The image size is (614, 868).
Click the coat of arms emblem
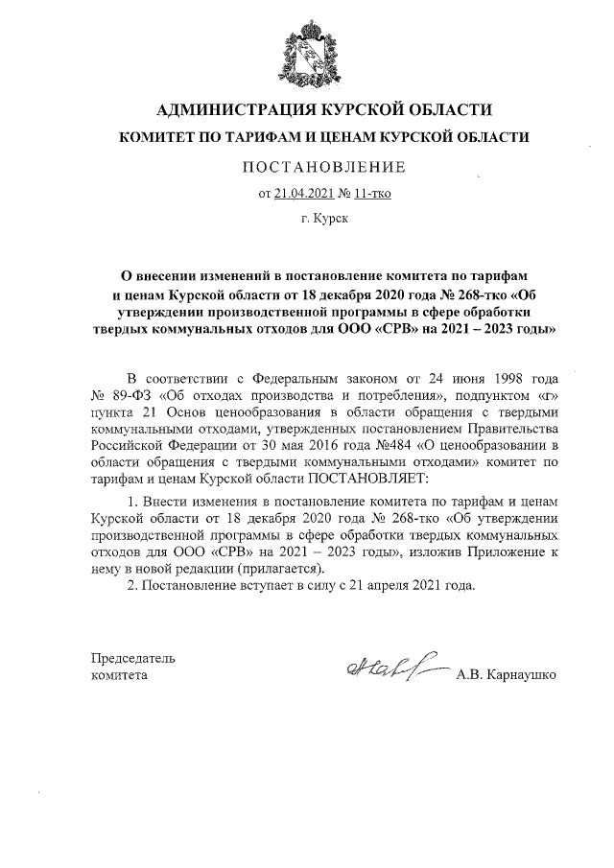pyautogui.click(x=308, y=52)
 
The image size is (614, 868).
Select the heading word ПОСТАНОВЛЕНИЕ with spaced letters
pyautogui.click(x=308, y=168)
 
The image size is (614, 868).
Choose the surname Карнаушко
pyautogui.click(x=524, y=675)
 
